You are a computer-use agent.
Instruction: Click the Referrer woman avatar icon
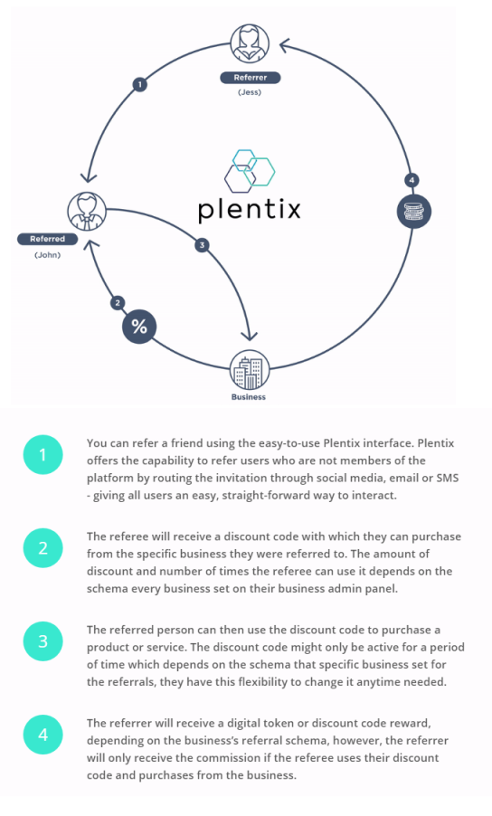[250, 43]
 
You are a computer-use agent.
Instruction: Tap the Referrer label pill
[251, 78]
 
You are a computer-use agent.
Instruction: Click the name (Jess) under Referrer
[250, 92]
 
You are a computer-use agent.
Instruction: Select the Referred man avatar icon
[87, 212]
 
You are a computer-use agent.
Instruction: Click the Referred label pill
[47, 239]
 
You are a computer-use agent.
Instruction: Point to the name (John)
[47, 255]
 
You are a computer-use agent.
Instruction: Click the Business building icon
[250, 369]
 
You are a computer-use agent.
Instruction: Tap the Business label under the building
[249, 397]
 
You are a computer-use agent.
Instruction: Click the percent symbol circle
[139, 327]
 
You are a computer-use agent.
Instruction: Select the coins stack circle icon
[414, 212]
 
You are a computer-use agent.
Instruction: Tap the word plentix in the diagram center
[249, 209]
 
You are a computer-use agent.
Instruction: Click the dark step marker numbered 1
[139, 84]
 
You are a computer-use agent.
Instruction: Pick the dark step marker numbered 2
[118, 303]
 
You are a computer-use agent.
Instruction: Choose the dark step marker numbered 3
[202, 245]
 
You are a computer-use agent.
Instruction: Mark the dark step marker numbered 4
[412, 180]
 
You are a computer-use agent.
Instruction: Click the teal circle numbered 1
[43, 455]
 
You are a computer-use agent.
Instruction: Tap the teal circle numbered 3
[43, 641]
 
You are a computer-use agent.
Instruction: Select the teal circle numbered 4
[43, 735]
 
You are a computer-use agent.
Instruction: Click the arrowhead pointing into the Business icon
[251, 335]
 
